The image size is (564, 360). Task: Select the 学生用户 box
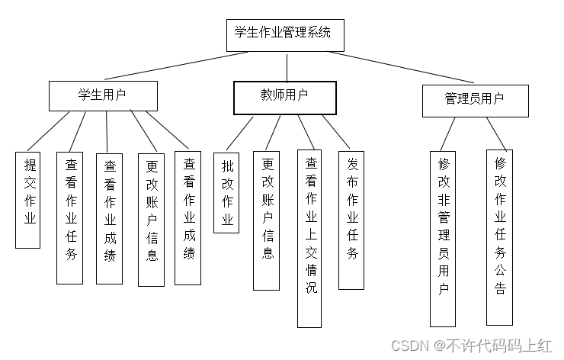tap(103, 95)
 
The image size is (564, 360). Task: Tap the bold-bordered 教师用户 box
tap(284, 97)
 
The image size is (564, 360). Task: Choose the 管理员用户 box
tap(475, 100)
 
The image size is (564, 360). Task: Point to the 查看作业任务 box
tap(69, 217)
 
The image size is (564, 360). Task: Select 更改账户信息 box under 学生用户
tap(151, 220)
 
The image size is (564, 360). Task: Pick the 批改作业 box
tap(226, 192)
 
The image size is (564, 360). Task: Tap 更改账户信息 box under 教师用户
tap(267, 220)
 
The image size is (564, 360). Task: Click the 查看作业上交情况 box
tap(309, 238)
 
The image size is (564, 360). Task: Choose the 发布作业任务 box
tap(351, 219)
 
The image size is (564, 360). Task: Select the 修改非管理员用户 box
tap(443, 236)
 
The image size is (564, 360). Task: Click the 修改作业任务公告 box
tap(499, 236)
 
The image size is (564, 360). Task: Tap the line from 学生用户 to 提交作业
tap(47, 131)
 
